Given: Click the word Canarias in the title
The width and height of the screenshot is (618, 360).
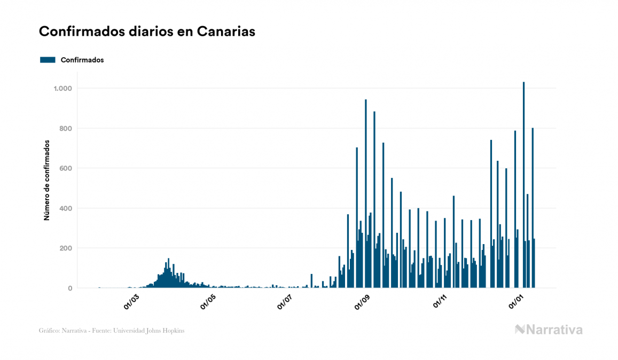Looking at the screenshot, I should click(225, 32).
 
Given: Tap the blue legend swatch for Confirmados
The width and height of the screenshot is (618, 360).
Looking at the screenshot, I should click(48, 60).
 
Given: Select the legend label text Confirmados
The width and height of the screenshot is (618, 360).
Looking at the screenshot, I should click(82, 60).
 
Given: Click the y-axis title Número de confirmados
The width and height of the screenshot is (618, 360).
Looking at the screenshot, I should click(46, 180).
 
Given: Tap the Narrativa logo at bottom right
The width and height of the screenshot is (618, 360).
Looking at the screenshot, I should click(549, 330).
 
